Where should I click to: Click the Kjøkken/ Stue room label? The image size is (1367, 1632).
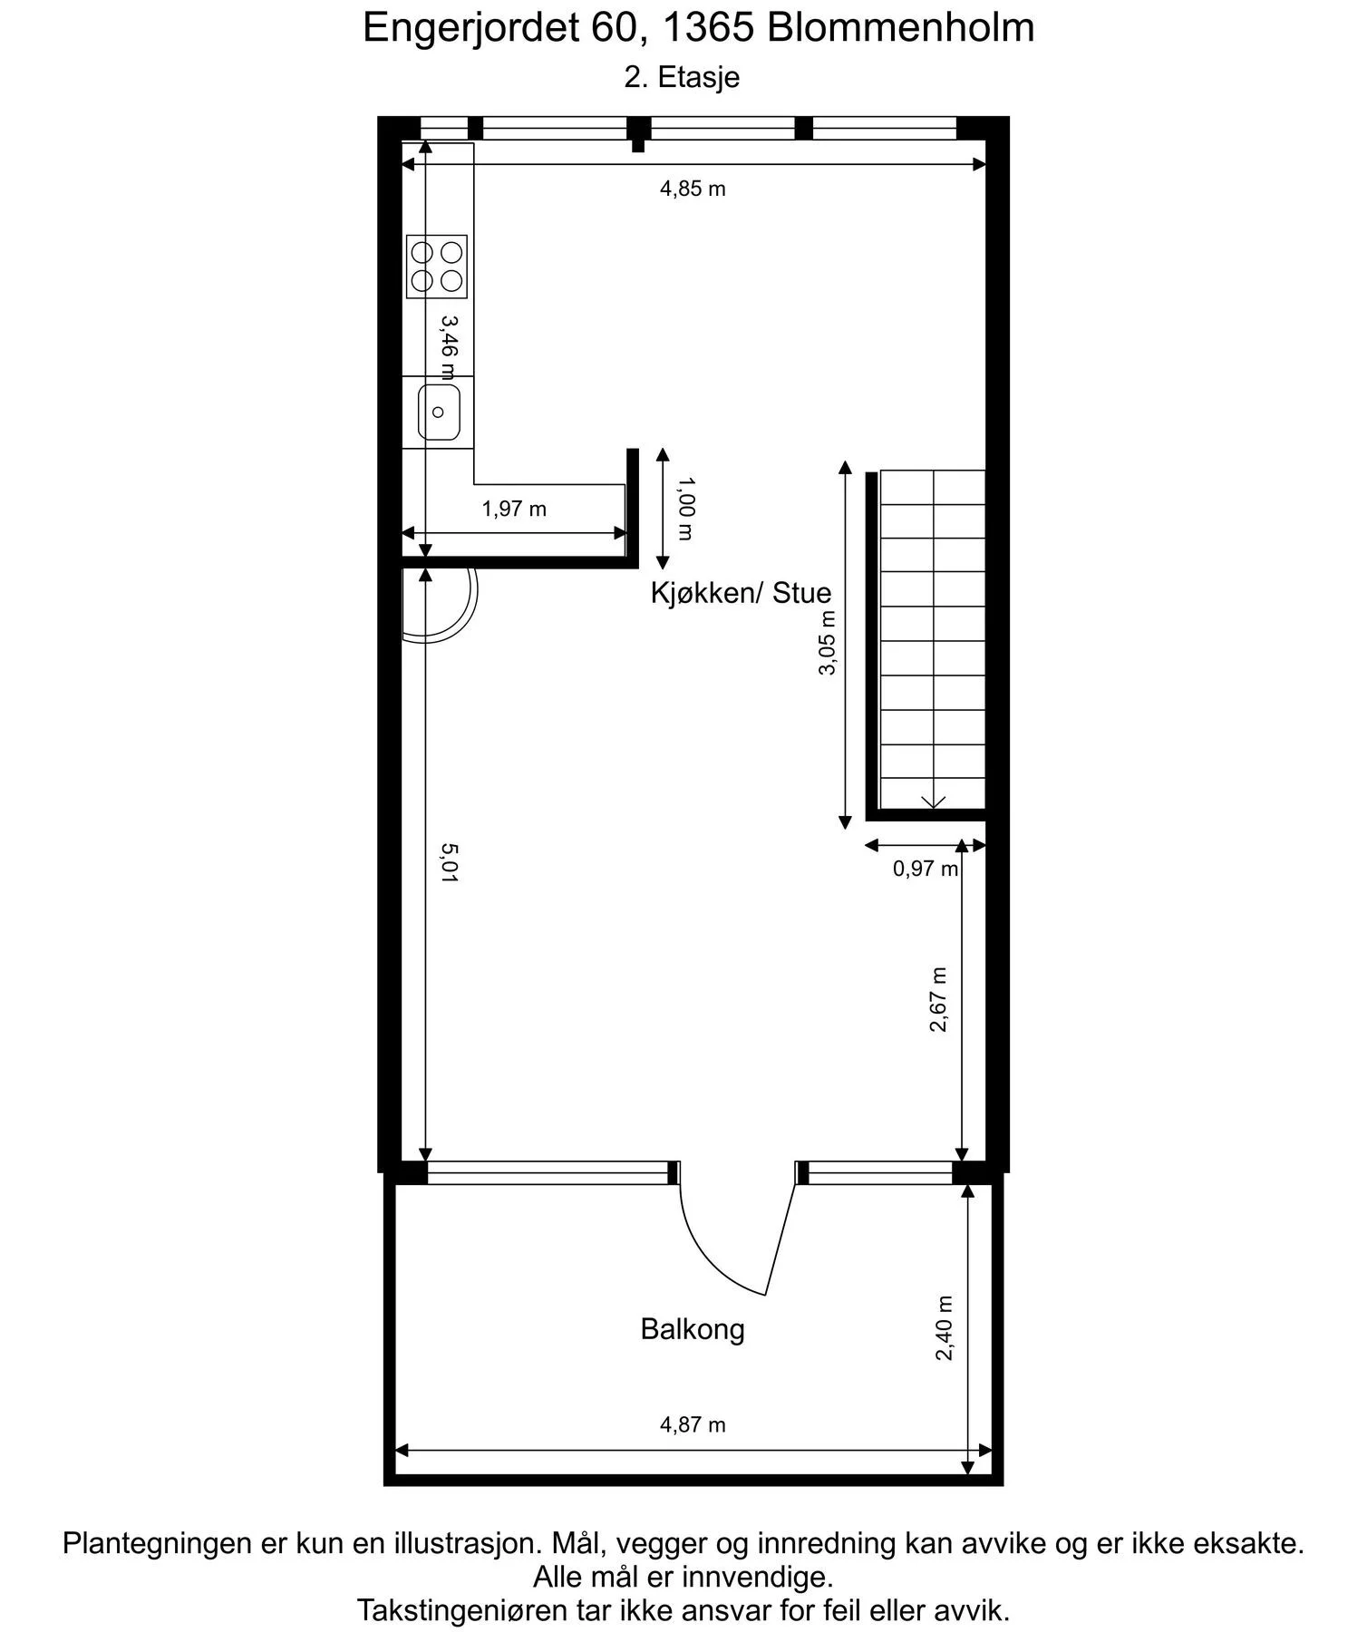741,593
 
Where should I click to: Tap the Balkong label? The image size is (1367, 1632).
693,1329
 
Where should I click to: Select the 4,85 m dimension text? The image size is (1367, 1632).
693,189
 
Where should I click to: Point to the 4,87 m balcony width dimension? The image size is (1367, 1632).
693,1424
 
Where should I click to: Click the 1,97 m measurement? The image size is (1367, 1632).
514,509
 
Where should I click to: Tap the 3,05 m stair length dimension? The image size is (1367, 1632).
827,643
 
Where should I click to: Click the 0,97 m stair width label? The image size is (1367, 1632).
926,869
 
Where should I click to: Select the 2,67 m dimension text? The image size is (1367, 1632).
939,999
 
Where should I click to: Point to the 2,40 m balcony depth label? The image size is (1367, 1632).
945,1328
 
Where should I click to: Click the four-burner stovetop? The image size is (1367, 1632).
437,267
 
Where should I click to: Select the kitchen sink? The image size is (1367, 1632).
439,413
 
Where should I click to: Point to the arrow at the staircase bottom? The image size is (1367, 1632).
934,802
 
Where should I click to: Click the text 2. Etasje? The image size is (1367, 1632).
682,77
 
